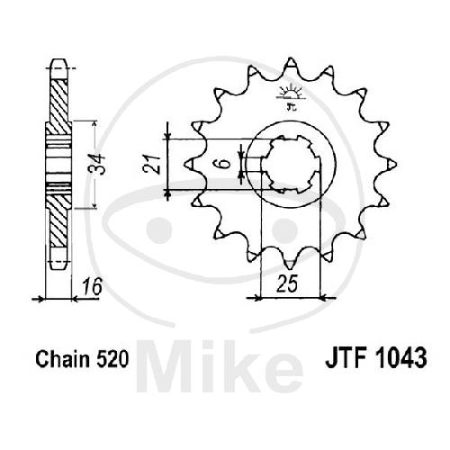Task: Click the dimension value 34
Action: point(98,165)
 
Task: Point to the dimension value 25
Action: point(287,283)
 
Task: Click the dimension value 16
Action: point(92,287)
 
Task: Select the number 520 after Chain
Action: point(112,359)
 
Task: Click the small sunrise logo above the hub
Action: point(291,96)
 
